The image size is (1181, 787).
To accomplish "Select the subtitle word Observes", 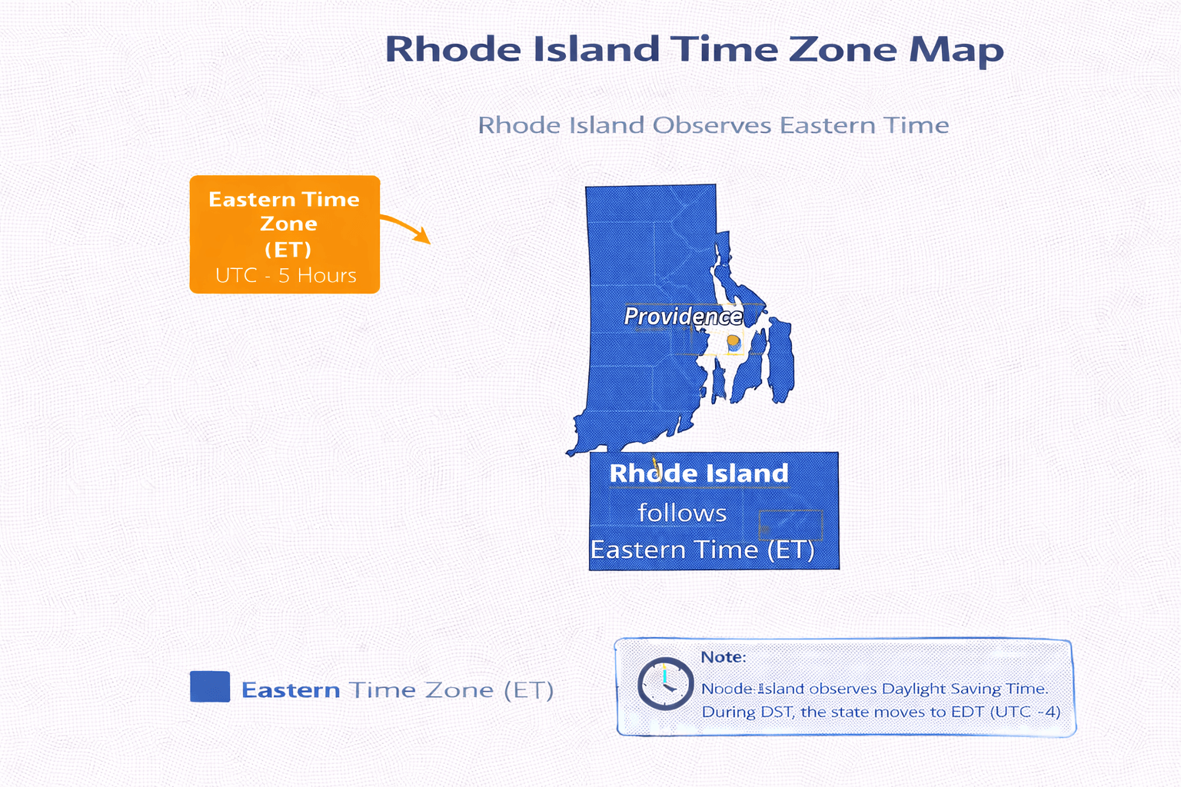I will pyautogui.click(x=711, y=125).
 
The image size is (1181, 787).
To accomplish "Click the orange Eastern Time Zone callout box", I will pyautogui.click(x=284, y=234).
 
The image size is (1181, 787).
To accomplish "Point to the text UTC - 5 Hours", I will pyautogui.click(x=286, y=275).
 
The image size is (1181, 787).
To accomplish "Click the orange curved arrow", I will pyautogui.click(x=406, y=227).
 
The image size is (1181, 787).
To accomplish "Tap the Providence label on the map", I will pyautogui.click(x=683, y=317).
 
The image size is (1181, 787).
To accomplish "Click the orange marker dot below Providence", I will pyautogui.click(x=733, y=341).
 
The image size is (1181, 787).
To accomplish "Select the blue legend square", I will pyautogui.click(x=210, y=686).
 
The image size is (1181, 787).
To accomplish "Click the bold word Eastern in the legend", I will pyautogui.click(x=291, y=690).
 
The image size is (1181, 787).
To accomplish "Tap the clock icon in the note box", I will pyautogui.click(x=665, y=683).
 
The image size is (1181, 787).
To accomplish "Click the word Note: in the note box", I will pyautogui.click(x=723, y=657).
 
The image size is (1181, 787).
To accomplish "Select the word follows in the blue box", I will pyautogui.click(x=682, y=513).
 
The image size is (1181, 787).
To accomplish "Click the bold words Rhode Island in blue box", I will pyautogui.click(x=698, y=473).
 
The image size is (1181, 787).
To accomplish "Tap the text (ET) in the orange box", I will pyautogui.click(x=288, y=250).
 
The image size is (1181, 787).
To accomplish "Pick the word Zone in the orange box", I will pyautogui.click(x=288, y=224).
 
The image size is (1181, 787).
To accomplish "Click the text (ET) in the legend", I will pyautogui.click(x=529, y=690).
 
